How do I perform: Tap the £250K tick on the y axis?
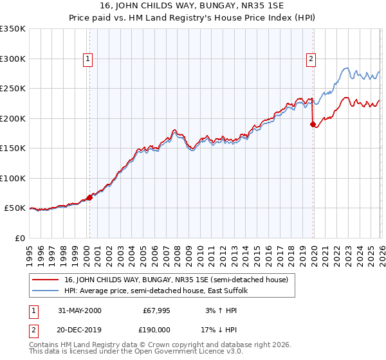pos(13,89)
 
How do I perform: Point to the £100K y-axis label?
pos(13,178)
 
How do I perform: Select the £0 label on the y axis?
pos(19,238)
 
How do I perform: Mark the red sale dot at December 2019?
pos(313,125)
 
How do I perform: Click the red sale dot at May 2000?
pos(90,197)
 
